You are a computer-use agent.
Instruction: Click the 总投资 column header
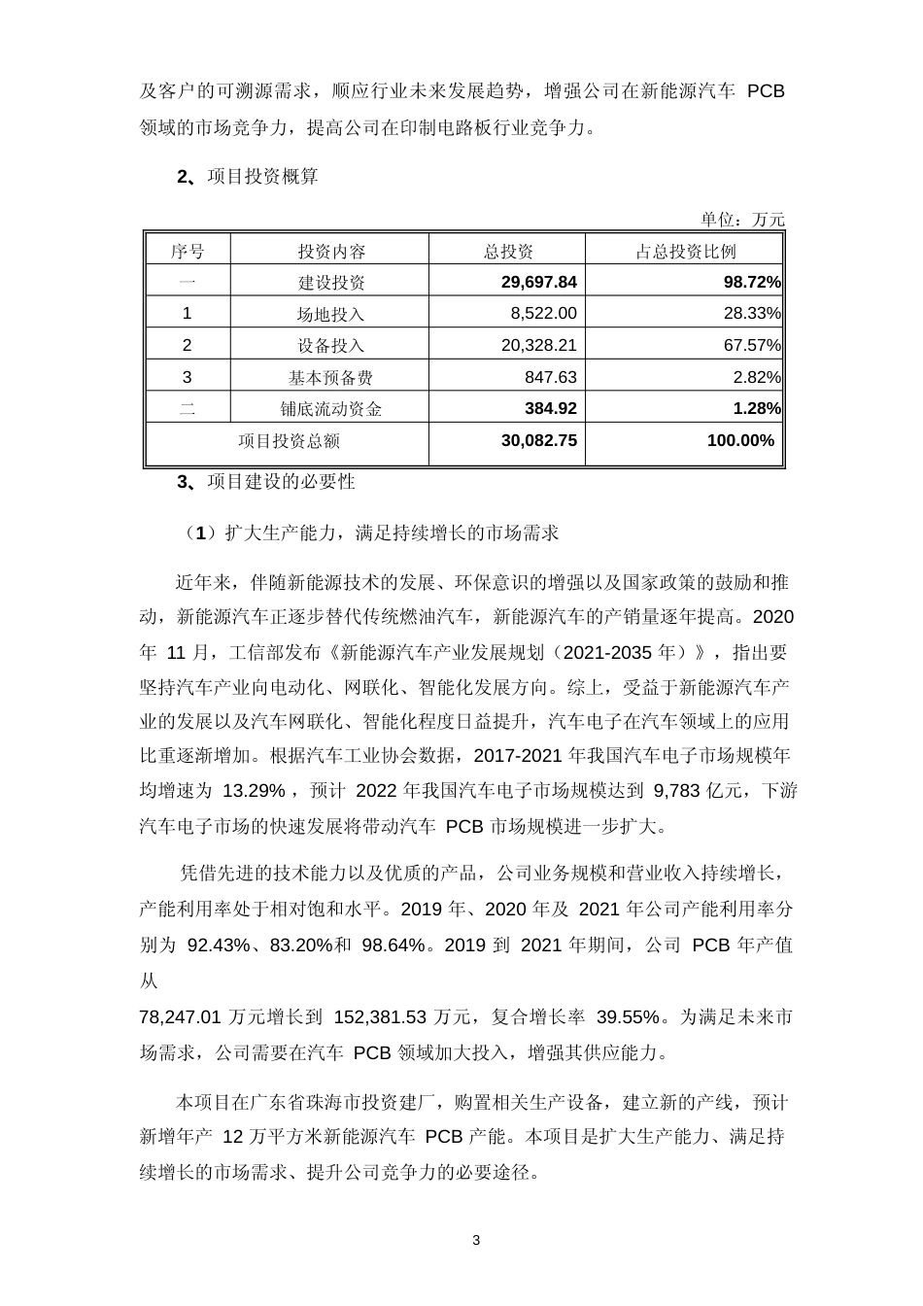(x=508, y=251)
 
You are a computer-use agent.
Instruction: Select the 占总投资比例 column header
(x=685, y=251)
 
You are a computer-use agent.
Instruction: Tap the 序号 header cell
(x=188, y=251)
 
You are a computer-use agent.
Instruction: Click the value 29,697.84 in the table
(x=539, y=282)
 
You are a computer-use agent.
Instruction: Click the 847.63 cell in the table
(x=549, y=377)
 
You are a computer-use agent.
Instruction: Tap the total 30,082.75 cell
(x=539, y=440)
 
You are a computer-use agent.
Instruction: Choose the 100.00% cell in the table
(x=741, y=440)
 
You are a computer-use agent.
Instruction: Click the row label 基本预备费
(x=330, y=377)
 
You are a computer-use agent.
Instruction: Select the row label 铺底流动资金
(x=330, y=408)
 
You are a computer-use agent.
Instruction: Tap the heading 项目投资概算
(x=262, y=177)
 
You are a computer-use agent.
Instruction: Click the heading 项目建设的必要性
(x=282, y=482)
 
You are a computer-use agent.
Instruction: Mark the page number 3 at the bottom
(x=476, y=1241)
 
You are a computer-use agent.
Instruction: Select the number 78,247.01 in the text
(x=182, y=1017)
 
